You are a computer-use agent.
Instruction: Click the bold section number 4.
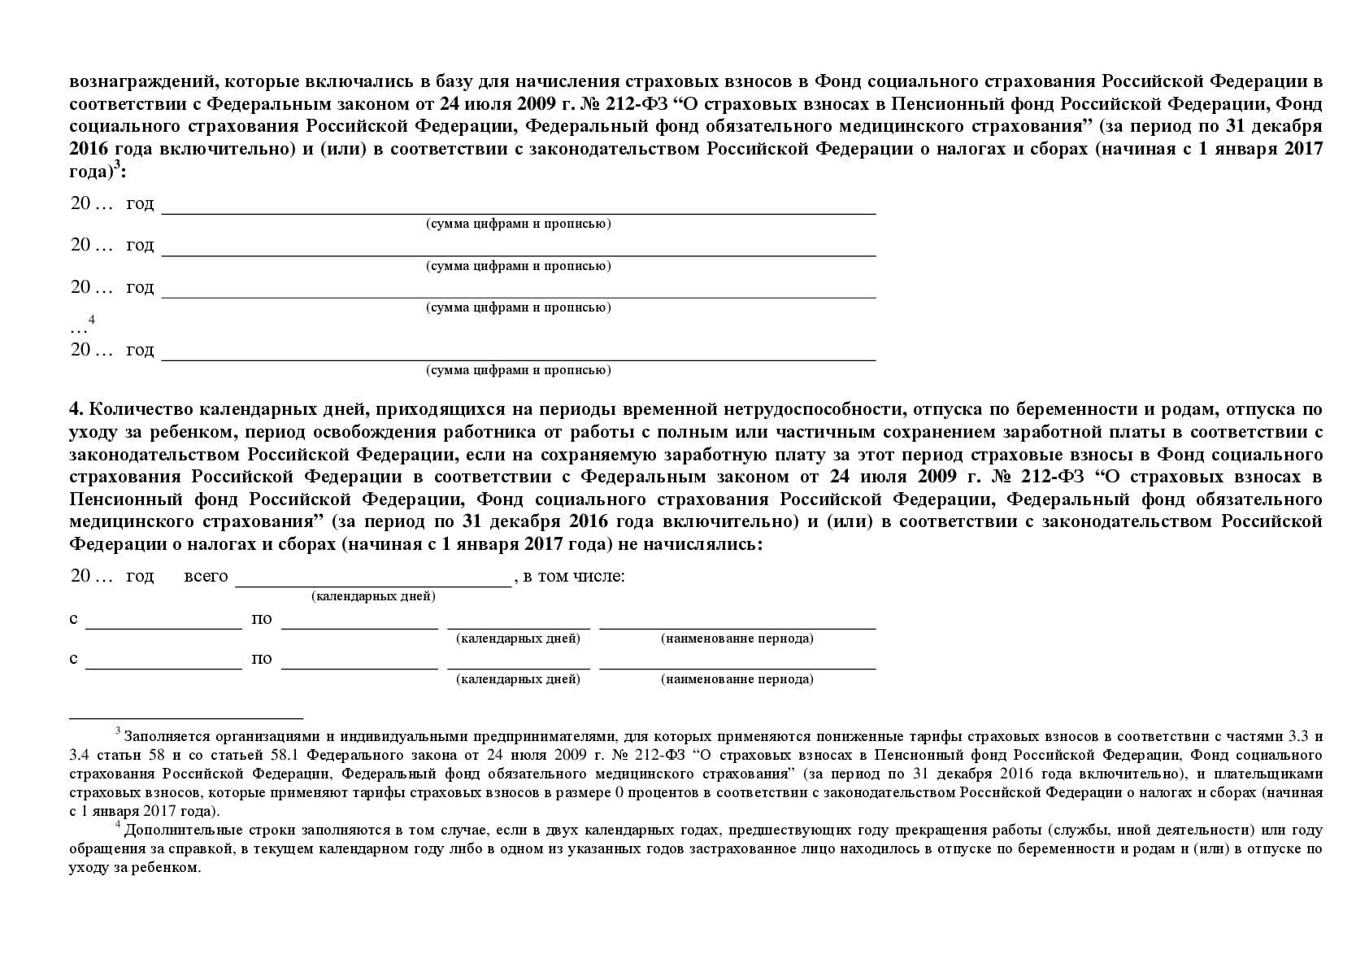click(x=75, y=409)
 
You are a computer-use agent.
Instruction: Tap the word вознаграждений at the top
click(x=141, y=81)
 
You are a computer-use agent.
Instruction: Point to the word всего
click(x=206, y=576)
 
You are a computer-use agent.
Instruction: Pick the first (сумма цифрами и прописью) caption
click(x=519, y=224)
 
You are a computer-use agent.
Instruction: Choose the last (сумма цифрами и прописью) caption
click(x=519, y=370)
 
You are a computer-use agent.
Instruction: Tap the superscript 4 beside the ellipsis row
click(x=92, y=320)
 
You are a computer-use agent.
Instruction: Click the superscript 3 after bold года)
click(x=117, y=166)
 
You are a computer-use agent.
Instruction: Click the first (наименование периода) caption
click(x=737, y=639)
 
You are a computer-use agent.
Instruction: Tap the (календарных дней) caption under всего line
click(x=373, y=596)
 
